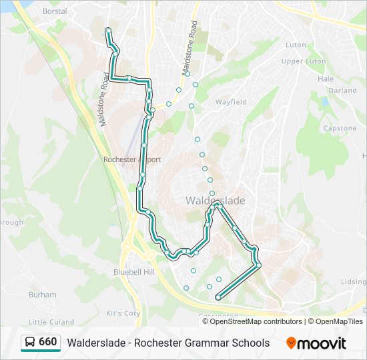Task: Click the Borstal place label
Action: tap(55, 12)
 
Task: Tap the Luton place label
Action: tap(296, 45)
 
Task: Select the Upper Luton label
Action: tap(304, 61)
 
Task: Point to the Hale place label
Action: tap(326, 79)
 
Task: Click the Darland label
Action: tap(342, 90)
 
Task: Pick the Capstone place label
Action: tap(340, 128)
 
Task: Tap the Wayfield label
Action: tap(231, 102)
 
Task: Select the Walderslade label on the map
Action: tap(215, 201)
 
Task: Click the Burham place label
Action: tap(43, 294)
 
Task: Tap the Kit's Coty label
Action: tap(123, 313)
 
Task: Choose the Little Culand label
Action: tap(51, 322)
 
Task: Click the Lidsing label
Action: tap(354, 282)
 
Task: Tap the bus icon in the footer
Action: tap(30, 342)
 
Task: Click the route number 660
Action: tap(48, 342)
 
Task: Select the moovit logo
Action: tap(316, 343)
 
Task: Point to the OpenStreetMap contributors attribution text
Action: tap(256, 321)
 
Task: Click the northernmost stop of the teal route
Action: tap(108, 30)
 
